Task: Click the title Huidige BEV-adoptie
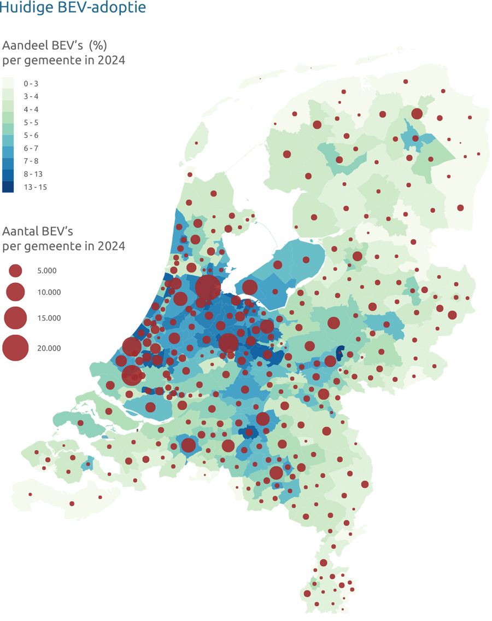(x=73, y=8)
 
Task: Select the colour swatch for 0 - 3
(x=8, y=83)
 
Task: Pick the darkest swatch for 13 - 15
(x=8, y=187)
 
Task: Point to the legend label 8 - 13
(x=33, y=174)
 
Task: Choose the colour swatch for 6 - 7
(x=8, y=148)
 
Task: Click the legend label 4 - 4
(x=31, y=109)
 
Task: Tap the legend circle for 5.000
(x=15, y=270)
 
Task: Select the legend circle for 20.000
(x=15, y=348)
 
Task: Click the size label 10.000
(x=49, y=292)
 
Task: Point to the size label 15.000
(x=49, y=318)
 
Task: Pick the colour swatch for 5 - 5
(x=8, y=122)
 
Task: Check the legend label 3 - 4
(x=31, y=96)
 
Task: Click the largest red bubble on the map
(x=208, y=287)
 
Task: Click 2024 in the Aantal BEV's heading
(x=111, y=246)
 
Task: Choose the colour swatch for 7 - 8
(x=8, y=161)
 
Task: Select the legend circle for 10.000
(x=15, y=292)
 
